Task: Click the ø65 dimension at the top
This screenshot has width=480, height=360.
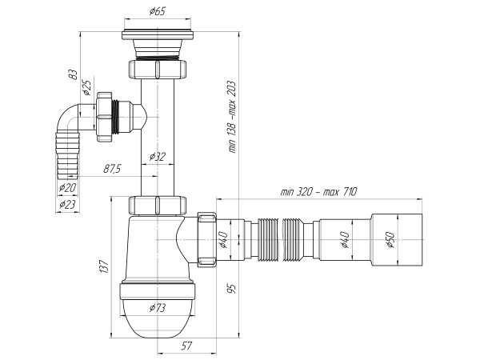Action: pos(157,13)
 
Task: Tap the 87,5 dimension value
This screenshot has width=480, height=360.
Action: pos(112,169)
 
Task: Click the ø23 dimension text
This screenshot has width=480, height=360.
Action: pos(70,204)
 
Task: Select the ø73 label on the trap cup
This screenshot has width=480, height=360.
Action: pos(157,307)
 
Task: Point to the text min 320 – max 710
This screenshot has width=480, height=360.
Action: pos(318,193)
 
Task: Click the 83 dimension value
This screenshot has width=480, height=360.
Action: pos(73,74)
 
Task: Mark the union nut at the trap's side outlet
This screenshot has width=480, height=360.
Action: pos(206,238)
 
